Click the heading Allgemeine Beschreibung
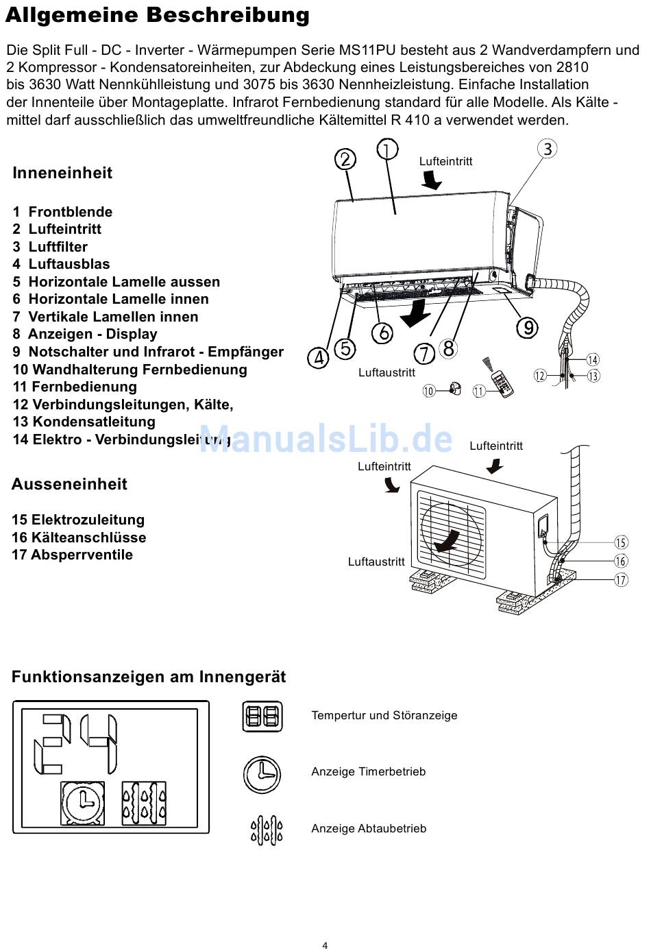point(157,15)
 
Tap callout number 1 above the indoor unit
point(387,149)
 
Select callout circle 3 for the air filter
point(547,149)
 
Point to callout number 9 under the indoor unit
point(526,328)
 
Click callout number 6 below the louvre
point(382,333)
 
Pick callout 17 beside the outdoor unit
point(621,579)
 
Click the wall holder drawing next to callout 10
point(453,389)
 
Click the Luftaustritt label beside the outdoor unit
point(376,562)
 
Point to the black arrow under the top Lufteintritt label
point(432,180)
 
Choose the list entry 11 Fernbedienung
point(75,387)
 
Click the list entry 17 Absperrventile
point(72,555)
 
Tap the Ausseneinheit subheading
point(69,484)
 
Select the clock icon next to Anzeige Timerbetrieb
point(262,774)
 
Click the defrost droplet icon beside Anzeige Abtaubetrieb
point(267,830)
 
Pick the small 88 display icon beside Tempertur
point(262,717)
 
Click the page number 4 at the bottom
point(325,946)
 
